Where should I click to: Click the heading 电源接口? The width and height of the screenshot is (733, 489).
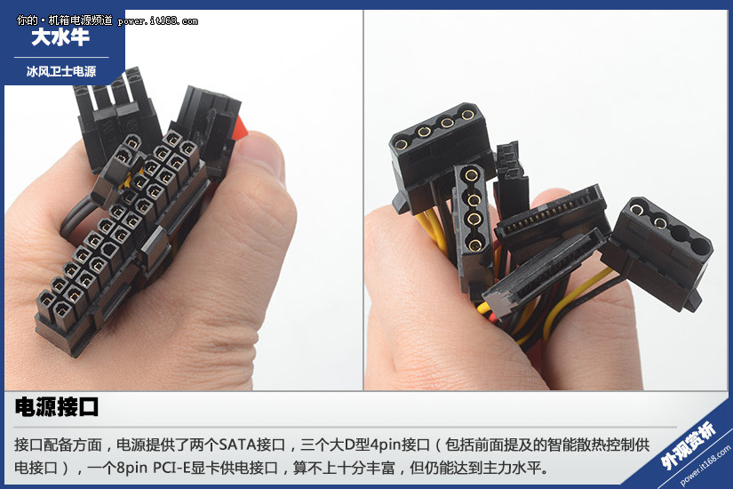click(x=57, y=406)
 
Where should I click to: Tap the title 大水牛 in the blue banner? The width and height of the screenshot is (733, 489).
click(x=60, y=37)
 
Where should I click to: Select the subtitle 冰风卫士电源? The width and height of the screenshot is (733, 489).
click(x=61, y=71)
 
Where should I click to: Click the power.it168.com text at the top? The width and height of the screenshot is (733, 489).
click(x=158, y=21)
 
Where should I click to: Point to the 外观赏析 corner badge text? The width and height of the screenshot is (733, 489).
click(x=688, y=445)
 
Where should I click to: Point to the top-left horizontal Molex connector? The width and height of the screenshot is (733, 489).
click(x=440, y=155)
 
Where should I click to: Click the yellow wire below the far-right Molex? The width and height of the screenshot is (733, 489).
click(x=575, y=300)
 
